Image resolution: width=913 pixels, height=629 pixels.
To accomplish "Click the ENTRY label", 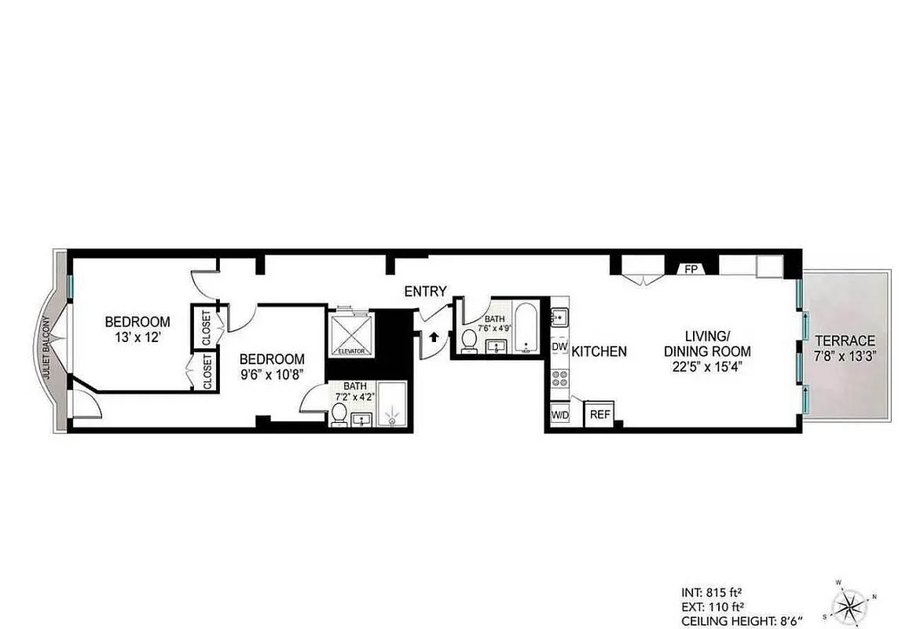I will tap(425, 291).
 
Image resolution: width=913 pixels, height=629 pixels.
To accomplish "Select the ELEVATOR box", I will tap(350, 333).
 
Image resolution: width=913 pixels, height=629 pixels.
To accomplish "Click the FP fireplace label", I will tap(691, 269).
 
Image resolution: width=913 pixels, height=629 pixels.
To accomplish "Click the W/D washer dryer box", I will tap(559, 414).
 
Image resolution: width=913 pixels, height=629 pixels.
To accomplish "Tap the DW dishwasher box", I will tap(559, 346).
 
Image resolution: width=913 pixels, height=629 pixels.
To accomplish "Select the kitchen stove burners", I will tap(559, 377).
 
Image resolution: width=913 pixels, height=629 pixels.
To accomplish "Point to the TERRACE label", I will tap(845, 340).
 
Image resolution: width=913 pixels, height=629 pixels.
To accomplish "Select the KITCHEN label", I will tap(599, 351).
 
